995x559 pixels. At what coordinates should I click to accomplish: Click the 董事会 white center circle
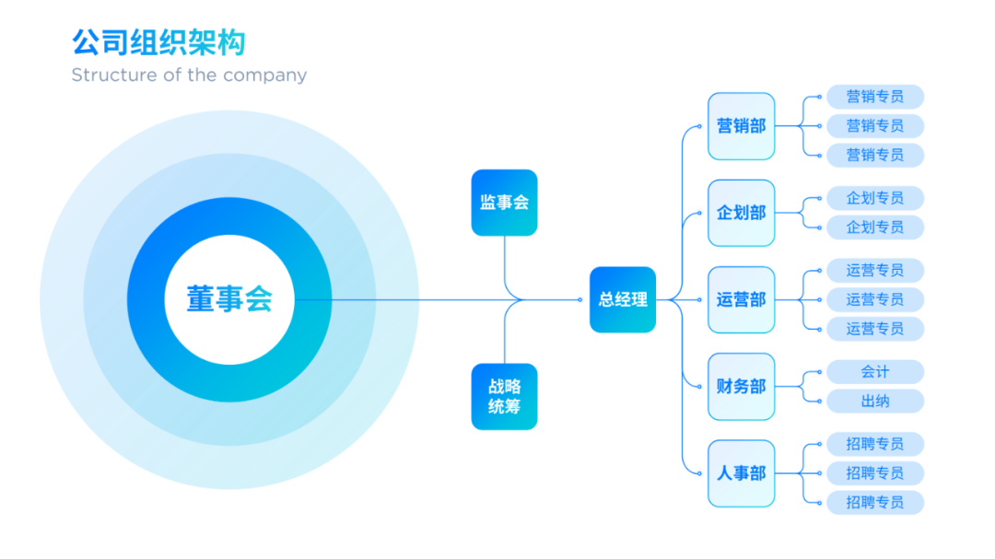pos(229,299)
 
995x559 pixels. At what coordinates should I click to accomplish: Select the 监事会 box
pos(505,203)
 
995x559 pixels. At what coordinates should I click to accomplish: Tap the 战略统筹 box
pos(505,397)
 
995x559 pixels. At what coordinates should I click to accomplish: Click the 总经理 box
pos(623,299)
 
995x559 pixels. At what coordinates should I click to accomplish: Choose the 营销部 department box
pos(741,126)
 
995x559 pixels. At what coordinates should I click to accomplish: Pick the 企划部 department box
pos(741,213)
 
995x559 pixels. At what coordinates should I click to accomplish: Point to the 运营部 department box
pos(741,299)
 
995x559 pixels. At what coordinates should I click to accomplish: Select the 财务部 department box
pos(741,387)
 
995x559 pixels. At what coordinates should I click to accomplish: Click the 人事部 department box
pos(741,473)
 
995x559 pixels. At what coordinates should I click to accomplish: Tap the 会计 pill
pos(875,372)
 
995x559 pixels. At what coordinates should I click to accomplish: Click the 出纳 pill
pos(875,401)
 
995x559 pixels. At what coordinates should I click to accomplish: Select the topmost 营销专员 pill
pos(875,97)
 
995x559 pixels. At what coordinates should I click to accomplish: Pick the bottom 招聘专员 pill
pos(875,502)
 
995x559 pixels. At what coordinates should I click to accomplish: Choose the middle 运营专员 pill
pos(875,299)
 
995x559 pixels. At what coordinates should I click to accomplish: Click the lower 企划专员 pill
pos(875,227)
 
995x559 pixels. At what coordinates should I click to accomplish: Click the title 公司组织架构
pos(158,42)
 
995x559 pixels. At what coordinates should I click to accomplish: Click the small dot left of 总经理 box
pos(580,299)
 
